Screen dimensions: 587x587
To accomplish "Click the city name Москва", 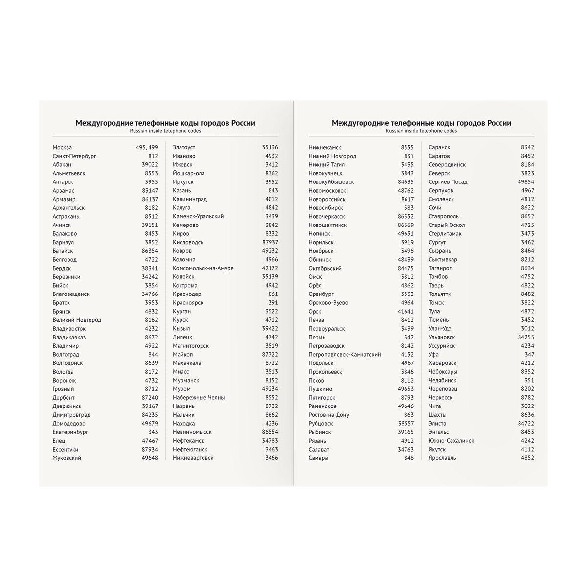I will click(62, 147).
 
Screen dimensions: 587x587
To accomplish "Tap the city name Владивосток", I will click(69, 329).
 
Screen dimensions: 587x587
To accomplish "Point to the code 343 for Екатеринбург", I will click(153, 432).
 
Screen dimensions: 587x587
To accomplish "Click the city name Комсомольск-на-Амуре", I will click(203, 268).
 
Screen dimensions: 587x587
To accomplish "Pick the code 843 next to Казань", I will click(273, 190).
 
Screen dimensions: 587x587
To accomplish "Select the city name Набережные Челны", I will click(199, 398).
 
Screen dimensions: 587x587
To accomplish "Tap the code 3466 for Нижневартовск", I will click(271, 458).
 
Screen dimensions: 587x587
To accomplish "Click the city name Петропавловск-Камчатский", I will click(344, 355).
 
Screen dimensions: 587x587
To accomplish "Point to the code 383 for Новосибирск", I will click(408, 208).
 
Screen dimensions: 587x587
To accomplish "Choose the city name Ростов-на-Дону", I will click(329, 415).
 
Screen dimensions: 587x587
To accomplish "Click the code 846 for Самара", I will click(408, 458).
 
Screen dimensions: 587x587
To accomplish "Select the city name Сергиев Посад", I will click(448, 182).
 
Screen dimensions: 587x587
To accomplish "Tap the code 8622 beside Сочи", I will click(527, 208).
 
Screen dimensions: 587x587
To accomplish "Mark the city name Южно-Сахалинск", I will click(451, 441).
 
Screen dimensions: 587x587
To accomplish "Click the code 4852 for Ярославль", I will click(527, 458).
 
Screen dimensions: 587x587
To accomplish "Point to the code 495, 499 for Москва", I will click(147, 147).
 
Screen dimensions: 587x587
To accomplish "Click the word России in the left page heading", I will click(243, 123).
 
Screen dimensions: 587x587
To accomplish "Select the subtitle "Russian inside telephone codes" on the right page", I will click(421, 131).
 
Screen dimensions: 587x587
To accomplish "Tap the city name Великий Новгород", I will click(77, 320).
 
